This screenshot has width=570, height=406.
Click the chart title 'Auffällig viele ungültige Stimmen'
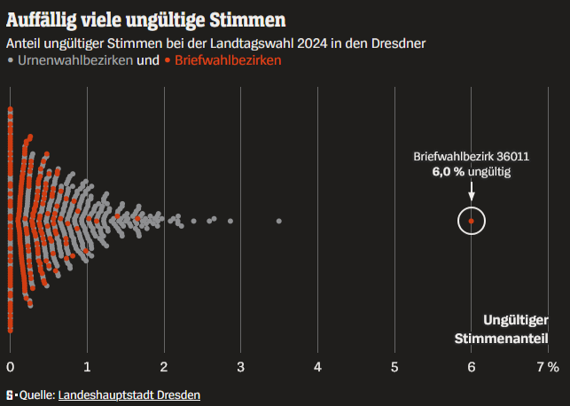pos(146,18)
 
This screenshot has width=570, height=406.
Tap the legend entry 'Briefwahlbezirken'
pos(228,60)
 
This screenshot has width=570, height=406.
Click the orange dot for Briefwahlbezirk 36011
pos(472,221)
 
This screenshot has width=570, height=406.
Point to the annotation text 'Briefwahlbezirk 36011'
pos(472,156)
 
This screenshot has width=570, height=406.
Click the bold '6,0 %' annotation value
pos(449,171)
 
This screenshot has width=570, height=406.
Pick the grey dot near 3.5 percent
pos(279,220)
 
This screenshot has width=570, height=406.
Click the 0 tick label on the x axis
pos(10,367)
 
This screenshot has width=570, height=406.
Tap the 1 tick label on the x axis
pos(87,367)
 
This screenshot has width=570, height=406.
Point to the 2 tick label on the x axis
pos(164,367)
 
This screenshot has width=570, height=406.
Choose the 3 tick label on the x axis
pos(241,367)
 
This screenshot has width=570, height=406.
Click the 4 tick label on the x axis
pos(317,367)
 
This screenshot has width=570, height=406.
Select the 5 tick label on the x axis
pos(394,367)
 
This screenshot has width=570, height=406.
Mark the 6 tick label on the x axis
pos(472,367)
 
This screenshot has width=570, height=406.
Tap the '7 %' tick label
pos(548,367)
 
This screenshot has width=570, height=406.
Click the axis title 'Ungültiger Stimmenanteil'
pos(502,329)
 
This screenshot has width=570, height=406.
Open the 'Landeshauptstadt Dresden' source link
pos(129,394)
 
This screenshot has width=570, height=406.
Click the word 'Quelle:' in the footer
pos(37,394)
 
